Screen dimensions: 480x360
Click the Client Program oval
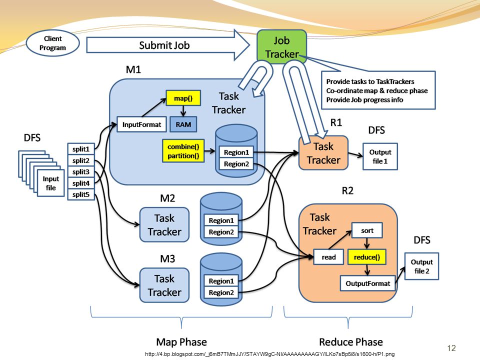[x=52, y=43]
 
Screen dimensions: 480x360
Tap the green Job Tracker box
[x=281, y=47]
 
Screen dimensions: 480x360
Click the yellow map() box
[x=183, y=98]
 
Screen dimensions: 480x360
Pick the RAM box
[x=183, y=124]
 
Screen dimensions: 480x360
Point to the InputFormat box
[x=141, y=124]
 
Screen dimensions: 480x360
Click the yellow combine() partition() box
[x=183, y=150]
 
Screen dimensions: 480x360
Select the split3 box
[x=81, y=171]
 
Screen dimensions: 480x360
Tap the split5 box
[x=81, y=194]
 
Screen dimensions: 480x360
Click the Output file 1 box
[x=380, y=156]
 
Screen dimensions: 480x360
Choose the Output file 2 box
[x=421, y=266]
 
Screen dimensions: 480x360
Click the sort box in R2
[x=366, y=230]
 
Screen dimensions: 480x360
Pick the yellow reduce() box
[x=366, y=257]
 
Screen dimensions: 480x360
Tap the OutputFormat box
[x=367, y=283]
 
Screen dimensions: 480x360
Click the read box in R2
[x=328, y=257]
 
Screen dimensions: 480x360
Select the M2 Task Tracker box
[x=164, y=224]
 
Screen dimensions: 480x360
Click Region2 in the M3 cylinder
[x=221, y=292]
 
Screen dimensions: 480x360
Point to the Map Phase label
[x=181, y=341]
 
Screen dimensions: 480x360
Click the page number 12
[x=451, y=348]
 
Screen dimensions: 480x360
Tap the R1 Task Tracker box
[x=323, y=153]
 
